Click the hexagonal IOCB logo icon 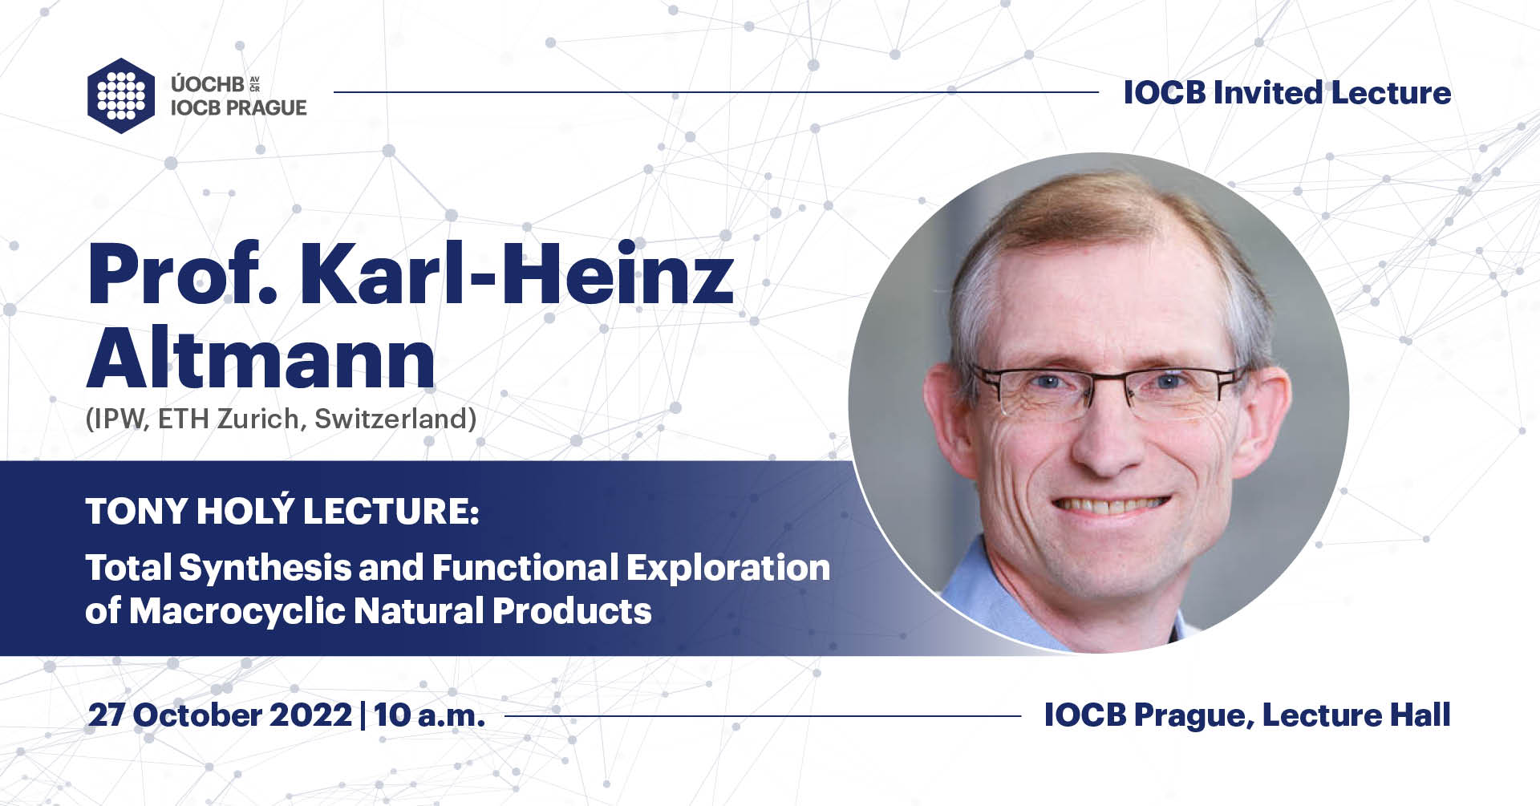coord(120,95)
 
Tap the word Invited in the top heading coord(1267,93)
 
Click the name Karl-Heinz coord(517,275)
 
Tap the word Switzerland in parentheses coord(395,419)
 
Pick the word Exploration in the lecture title coord(727,568)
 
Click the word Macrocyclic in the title coord(237,611)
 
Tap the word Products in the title coord(572,611)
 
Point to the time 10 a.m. coord(429,715)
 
